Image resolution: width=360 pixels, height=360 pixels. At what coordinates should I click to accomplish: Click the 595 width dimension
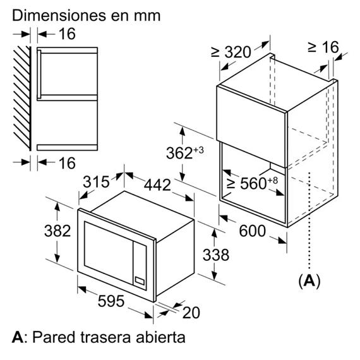point(111,301)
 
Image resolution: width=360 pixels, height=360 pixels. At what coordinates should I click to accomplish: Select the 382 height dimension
point(57,231)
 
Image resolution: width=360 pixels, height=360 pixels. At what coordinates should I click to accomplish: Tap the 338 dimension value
point(216,255)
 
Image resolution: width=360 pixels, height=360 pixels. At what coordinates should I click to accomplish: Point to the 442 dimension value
point(157,185)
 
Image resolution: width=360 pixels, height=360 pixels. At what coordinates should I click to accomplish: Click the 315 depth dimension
point(96,182)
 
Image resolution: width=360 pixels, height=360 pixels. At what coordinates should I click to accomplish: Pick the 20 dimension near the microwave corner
point(191,313)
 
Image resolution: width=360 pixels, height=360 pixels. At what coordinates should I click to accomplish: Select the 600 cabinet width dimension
point(253,231)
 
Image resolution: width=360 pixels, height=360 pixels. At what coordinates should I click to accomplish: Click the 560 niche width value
point(253,183)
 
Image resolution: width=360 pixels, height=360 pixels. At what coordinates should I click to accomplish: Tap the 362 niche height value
point(179,153)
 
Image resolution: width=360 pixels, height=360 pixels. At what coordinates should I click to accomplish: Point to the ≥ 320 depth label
point(231,52)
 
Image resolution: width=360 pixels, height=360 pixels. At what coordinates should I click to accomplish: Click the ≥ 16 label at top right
point(323,47)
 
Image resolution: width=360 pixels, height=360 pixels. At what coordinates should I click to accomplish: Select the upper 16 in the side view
point(67,33)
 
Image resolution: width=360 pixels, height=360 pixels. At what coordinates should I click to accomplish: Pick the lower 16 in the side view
point(67,163)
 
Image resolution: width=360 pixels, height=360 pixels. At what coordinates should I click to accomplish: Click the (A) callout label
point(309,280)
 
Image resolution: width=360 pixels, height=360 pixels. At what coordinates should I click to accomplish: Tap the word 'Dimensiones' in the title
point(59,16)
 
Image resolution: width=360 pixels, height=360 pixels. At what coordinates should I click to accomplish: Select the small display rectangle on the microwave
point(140,280)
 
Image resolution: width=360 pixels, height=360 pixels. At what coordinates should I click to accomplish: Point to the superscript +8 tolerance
point(273,181)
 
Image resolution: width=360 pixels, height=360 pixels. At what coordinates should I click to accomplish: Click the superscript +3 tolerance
point(198,150)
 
